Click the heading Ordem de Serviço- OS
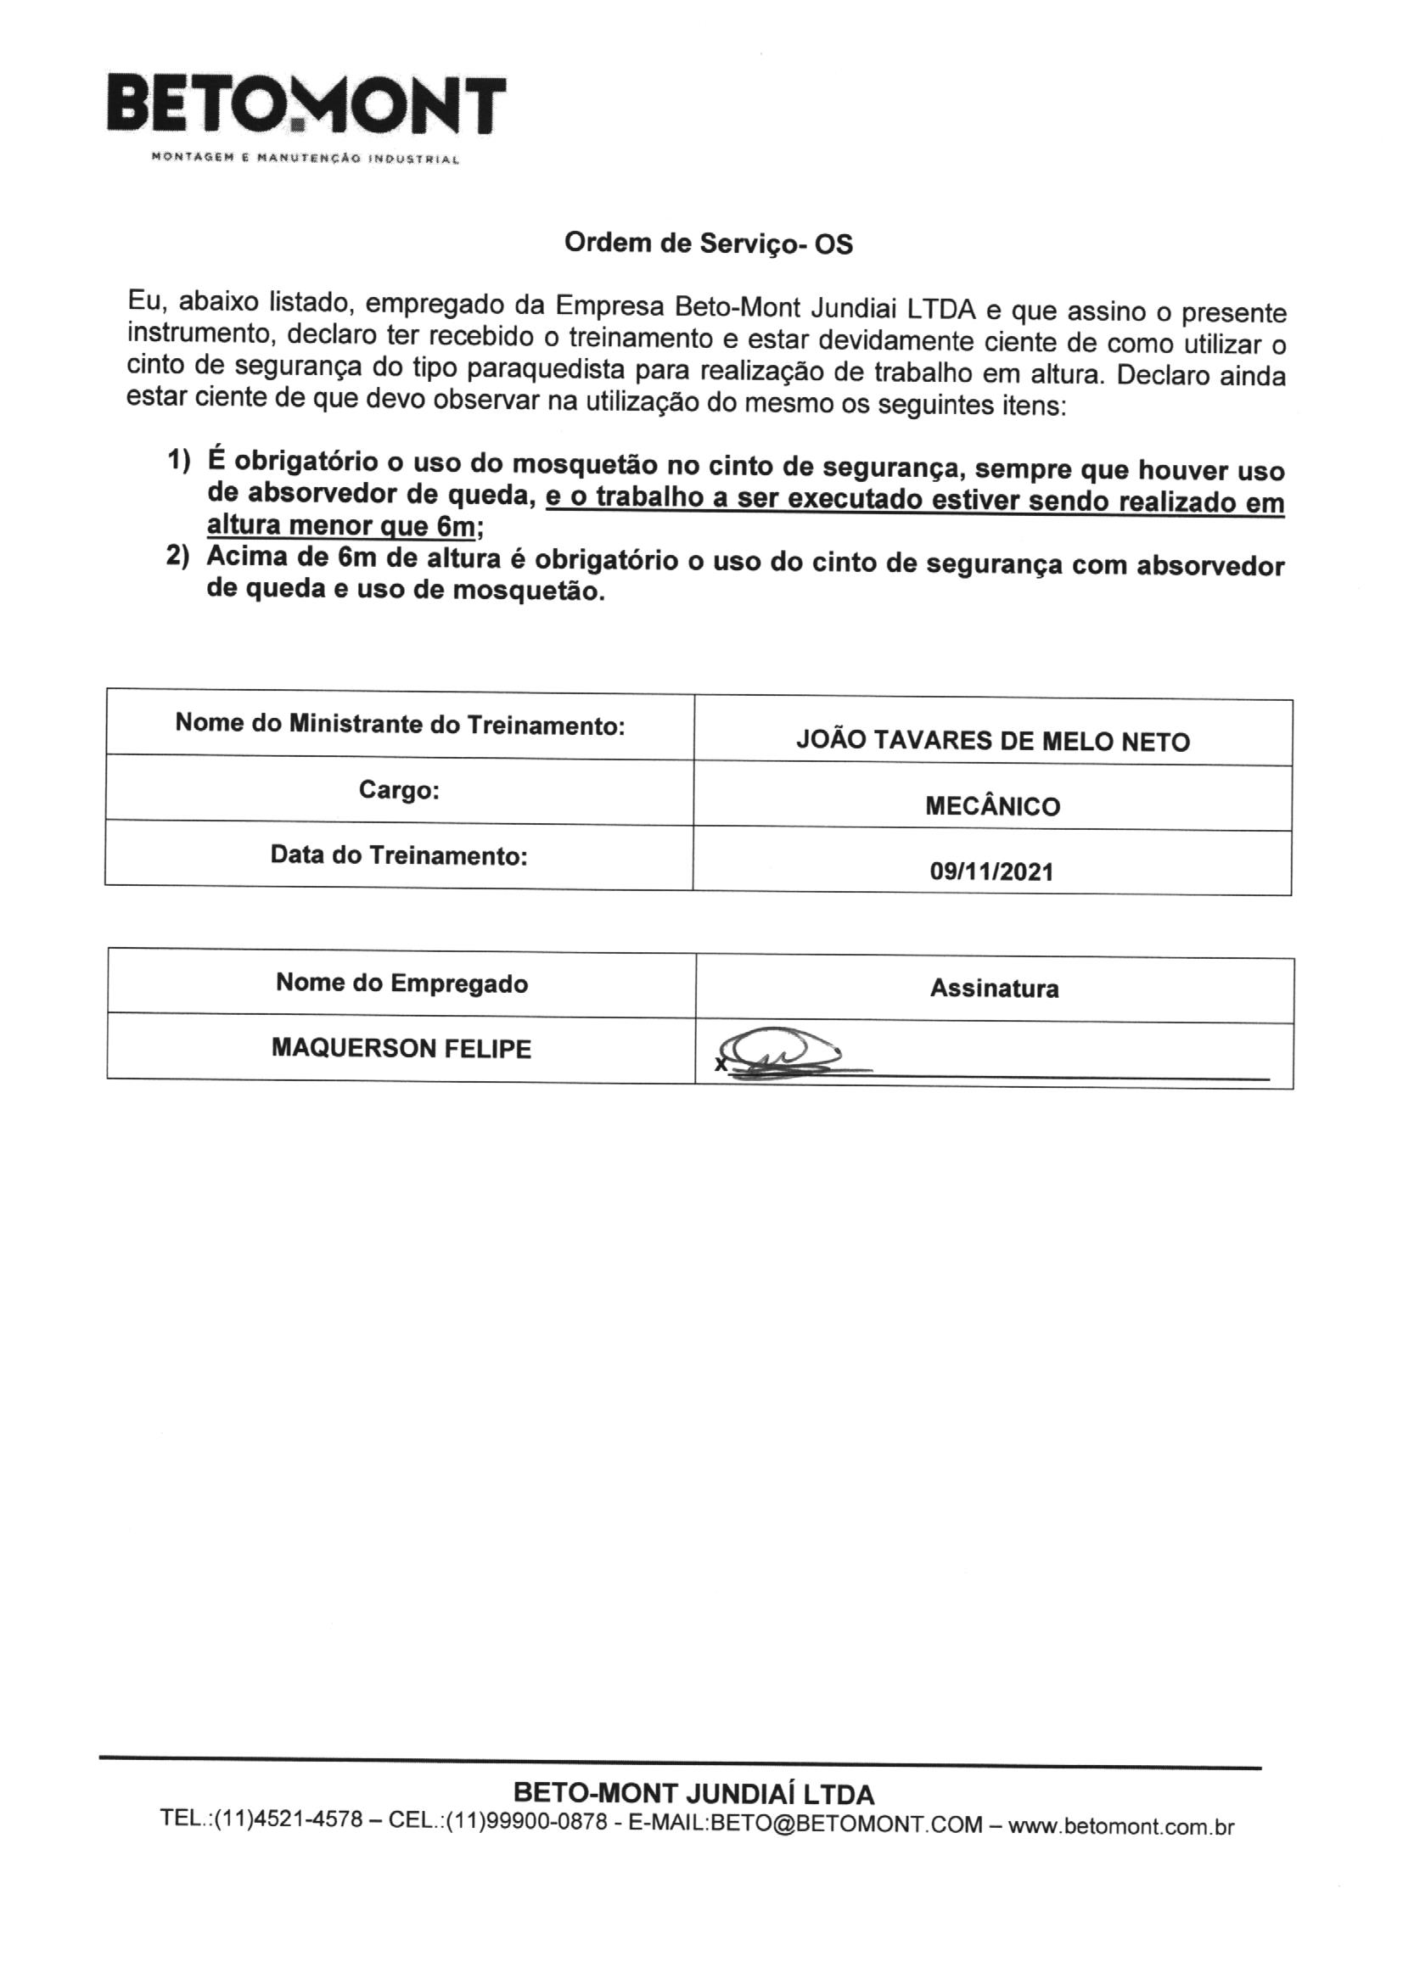(x=708, y=244)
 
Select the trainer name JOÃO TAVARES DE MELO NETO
(x=992, y=742)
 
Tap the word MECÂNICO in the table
(x=992, y=806)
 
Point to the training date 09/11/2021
(x=991, y=871)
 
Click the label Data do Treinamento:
(x=399, y=855)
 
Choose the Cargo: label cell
(x=400, y=790)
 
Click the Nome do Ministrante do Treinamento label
(x=400, y=723)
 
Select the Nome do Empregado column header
(x=401, y=983)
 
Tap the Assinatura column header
(x=994, y=988)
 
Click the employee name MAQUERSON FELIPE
(x=401, y=1048)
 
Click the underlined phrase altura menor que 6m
(x=341, y=525)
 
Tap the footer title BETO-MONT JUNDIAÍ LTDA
(x=693, y=1795)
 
